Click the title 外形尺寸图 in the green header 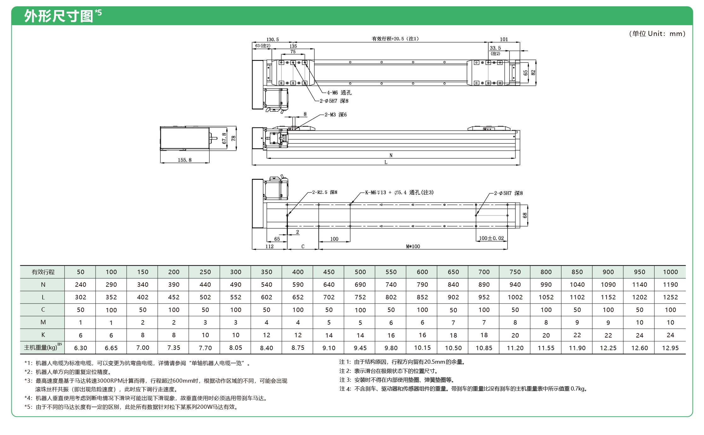click(59, 16)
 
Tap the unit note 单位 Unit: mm click(657, 34)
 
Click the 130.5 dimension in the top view click(272, 39)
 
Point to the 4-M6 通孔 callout click(339, 93)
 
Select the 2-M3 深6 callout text click(335, 115)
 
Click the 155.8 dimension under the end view click(184, 160)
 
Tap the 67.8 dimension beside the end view click(224, 138)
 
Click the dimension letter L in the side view click(386, 162)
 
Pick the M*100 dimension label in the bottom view click(413, 246)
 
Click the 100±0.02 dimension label click(491, 238)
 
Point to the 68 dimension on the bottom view click(525, 215)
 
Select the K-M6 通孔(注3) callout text click(399, 192)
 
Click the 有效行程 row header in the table click(43, 272)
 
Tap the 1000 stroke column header click(670, 272)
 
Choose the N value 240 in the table click(80, 285)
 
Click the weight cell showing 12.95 click(670, 348)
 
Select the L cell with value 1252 click(670, 297)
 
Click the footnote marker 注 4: click(345, 389)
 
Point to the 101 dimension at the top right click(504, 39)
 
